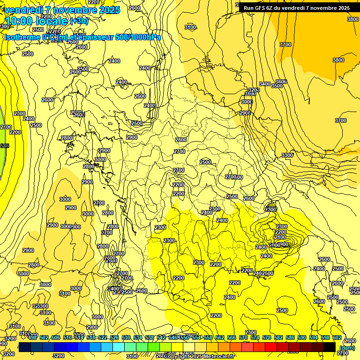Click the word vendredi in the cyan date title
(24, 10)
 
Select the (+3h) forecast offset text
(78, 21)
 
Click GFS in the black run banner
(261, 8)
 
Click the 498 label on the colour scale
(32, 337)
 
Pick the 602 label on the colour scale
(337, 337)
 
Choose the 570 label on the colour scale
(243, 337)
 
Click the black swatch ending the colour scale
(330, 347)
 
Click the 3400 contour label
(265, 84)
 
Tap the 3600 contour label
(281, 82)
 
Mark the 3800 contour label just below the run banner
(353, 19)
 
